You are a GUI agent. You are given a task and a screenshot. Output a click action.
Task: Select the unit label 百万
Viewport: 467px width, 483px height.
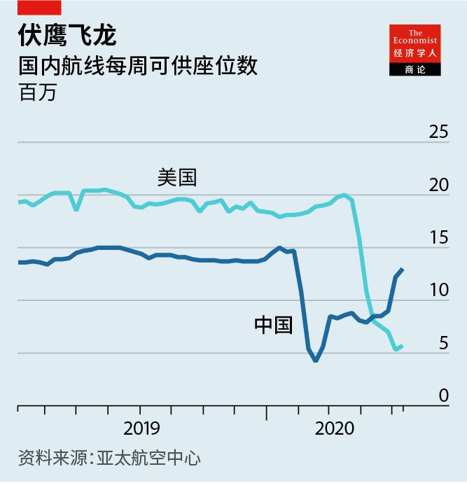click(x=37, y=92)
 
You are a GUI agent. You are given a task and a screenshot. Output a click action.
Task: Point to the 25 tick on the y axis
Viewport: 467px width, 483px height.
click(x=438, y=132)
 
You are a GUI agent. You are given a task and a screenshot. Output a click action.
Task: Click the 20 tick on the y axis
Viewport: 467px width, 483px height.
click(x=438, y=185)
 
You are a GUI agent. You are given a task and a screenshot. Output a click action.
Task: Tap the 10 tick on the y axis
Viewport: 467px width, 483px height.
click(x=438, y=290)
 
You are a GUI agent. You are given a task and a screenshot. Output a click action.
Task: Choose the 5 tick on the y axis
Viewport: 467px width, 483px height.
click(x=442, y=343)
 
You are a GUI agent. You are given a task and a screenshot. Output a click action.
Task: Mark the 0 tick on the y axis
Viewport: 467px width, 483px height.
click(x=442, y=395)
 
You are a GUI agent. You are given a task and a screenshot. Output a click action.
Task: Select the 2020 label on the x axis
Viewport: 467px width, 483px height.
click(x=334, y=428)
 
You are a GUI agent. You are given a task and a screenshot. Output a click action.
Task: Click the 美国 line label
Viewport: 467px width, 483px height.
click(x=177, y=177)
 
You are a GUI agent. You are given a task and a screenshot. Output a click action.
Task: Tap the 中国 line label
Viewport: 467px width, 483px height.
click(x=273, y=325)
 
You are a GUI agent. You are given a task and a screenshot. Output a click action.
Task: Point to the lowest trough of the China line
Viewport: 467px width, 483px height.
click(x=316, y=360)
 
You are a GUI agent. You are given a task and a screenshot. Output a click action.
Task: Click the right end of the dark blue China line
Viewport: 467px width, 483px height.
click(x=402, y=269)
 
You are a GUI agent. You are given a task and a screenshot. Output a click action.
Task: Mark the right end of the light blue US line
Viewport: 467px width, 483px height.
click(x=401, y=346)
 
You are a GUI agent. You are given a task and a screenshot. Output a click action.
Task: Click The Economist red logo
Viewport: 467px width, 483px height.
click(x=415, y=43)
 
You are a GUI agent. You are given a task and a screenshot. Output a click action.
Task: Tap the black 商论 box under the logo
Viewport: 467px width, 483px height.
click(x=415, y=69)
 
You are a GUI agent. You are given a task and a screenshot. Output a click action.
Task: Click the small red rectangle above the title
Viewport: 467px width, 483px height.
click(x=39, y=8)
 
